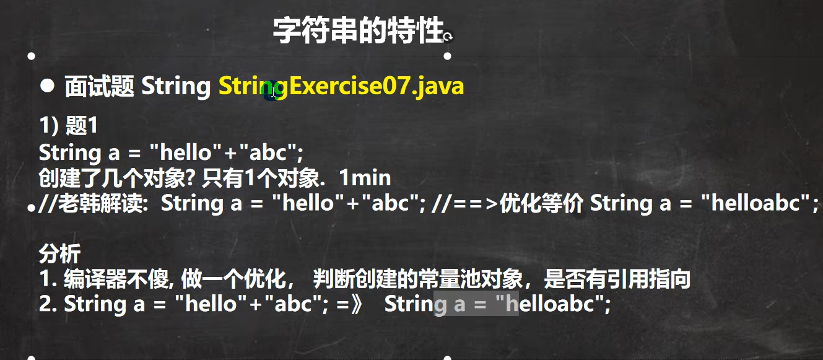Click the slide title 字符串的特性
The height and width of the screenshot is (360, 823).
point(358,30)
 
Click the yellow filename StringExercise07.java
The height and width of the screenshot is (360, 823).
point(341,87)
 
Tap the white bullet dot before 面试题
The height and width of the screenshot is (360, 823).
point(48,86)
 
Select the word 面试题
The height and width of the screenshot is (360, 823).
point(99,87)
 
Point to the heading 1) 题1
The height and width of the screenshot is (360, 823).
point(68,125)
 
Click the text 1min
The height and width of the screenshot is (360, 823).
point(365,178)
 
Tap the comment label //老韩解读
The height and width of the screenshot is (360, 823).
point(91,203)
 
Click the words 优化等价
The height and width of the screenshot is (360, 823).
point(542,203)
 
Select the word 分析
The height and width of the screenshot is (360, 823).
point(60,253)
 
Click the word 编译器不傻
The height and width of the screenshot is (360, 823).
point(116,279)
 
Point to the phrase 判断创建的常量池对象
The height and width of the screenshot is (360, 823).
point(417,279)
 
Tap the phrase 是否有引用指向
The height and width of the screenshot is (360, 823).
point(617,279)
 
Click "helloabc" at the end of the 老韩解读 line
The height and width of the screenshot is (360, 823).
point(755,203)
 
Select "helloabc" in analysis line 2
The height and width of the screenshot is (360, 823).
point(549,304)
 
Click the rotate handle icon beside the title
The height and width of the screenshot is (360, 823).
point(448,37)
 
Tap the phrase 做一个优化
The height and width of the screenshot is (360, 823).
point(233,279)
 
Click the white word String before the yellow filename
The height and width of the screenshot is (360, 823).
point(176,87)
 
